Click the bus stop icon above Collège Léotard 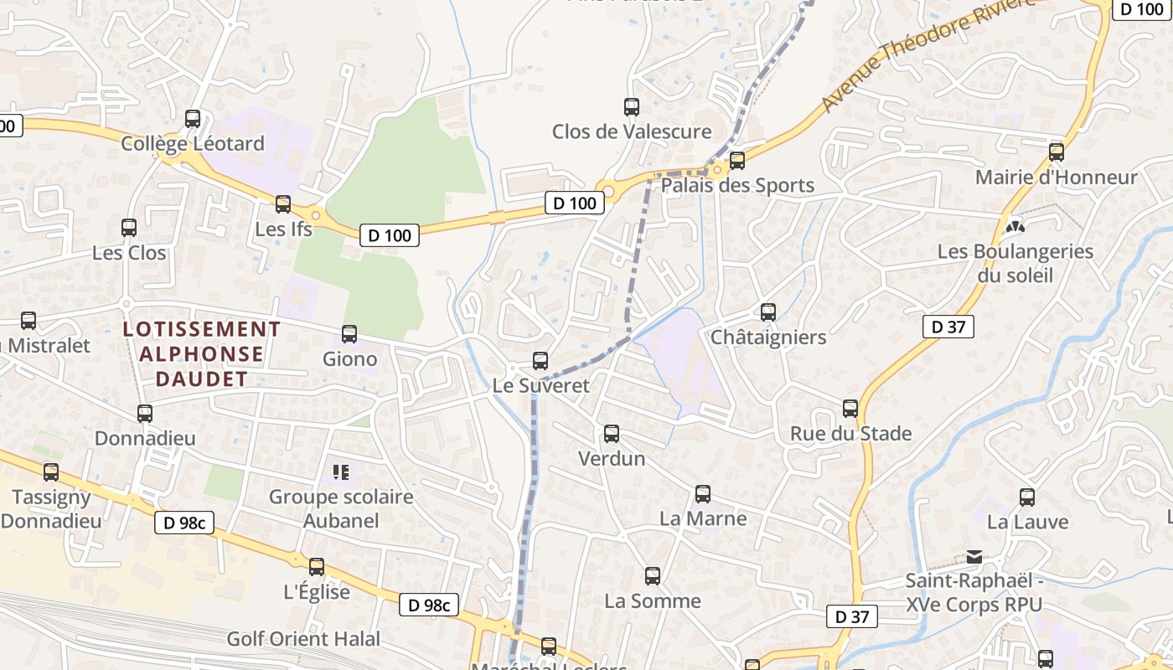coord(193,119)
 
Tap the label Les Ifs coord(284,229)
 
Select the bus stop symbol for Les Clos coord(129,228)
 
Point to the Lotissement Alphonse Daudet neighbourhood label coord(202,354)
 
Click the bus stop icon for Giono coord(349,334)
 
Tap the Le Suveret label coord(540,386)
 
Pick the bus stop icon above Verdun coord(612,434)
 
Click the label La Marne coord(702,518)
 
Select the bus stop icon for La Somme coord(653,576)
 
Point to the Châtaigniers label coord(767,338)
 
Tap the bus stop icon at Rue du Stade coord(850,409)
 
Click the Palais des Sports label coord(737,185)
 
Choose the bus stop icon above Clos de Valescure coord(632,107)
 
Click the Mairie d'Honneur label coord(1056,178)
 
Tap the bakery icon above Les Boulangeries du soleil coord(1015,226)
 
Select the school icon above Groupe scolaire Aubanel coord(340,472)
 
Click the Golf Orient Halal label coord(303,639)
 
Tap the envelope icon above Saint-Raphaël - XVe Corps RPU coord(974,556)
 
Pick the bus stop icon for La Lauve coord(1027,497)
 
